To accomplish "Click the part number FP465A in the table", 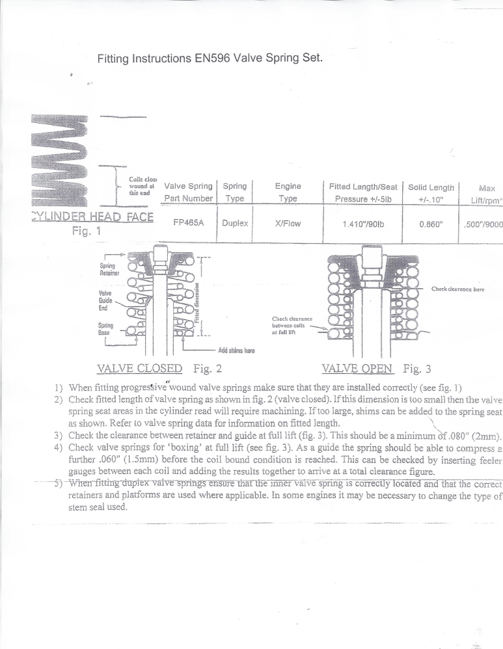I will [189, 222].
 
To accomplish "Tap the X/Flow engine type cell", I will [287, 222].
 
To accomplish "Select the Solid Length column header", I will [431, 192].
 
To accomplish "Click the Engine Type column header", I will [287, 192].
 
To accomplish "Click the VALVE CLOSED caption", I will [139, 369].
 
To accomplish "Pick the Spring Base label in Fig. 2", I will [106, 328].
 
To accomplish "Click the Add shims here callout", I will [236, 350].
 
